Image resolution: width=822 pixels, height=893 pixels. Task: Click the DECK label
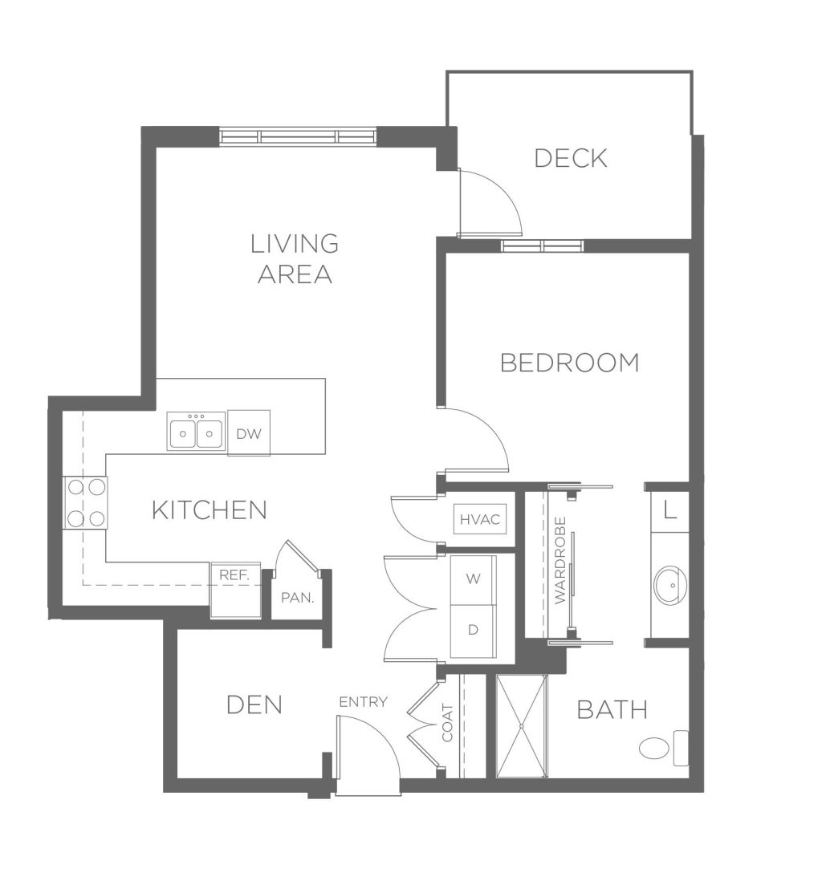coord(571,158)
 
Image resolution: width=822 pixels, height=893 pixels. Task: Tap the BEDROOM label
coord(570,363)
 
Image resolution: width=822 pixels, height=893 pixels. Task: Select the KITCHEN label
coord(209,509)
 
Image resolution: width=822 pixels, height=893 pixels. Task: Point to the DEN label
coord(254,705)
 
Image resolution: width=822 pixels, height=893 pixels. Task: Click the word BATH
coord(612,709)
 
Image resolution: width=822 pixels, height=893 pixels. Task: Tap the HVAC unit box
coord(480,519)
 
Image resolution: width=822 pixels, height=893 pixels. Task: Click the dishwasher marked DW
coord(249,432)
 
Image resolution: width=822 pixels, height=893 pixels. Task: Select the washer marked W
coord(474,579)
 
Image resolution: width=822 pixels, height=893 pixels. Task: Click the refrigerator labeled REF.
coord(235,591)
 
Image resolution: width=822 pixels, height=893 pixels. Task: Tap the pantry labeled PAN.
coord(298,598)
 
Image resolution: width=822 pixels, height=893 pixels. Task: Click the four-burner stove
coord(85,503)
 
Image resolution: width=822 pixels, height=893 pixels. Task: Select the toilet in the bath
coord(664,748)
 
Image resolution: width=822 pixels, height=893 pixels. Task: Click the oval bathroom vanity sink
coord(670,585)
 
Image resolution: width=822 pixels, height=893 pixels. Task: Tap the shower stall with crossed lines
coord(522,726)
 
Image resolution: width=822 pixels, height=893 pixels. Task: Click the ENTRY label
coord(363,702)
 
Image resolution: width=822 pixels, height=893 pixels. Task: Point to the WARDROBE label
coord(560,560)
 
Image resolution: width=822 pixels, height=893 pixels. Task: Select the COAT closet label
coord(448,723)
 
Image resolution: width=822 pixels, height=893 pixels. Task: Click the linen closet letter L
coord(670,509)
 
